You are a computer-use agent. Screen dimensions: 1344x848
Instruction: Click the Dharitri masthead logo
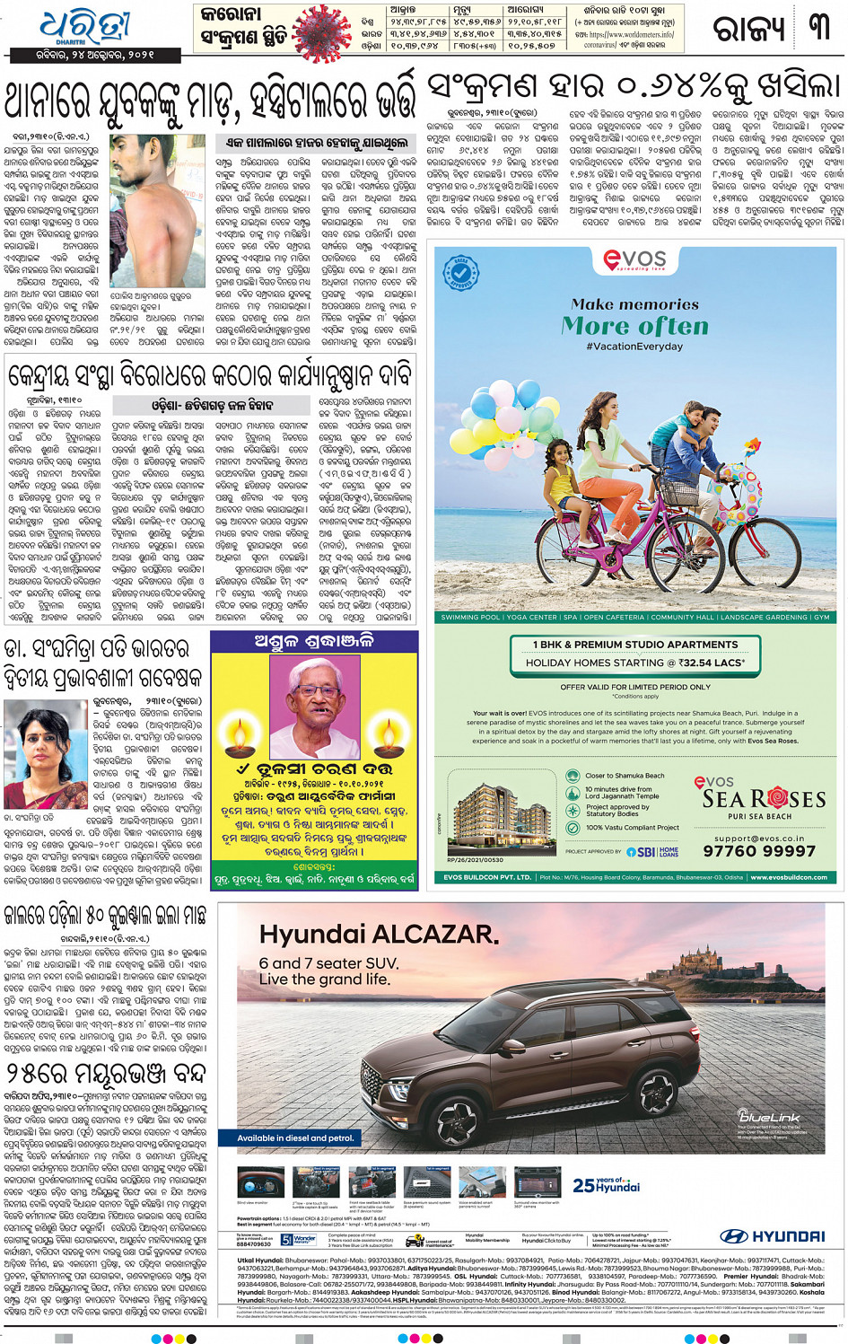[86, 27]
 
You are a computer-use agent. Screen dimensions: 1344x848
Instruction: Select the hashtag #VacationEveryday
[634, 347]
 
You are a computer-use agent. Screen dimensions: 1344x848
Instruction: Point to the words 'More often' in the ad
[634, 326]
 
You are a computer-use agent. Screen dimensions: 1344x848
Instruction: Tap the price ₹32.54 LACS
[712, 663]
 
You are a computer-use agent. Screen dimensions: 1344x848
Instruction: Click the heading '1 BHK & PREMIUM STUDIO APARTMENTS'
[634, 645]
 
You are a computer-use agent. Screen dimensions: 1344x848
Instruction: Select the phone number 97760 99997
[759, 851]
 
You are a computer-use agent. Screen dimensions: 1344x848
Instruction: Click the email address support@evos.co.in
[759, 839]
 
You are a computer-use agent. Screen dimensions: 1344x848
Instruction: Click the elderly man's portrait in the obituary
[315, 701]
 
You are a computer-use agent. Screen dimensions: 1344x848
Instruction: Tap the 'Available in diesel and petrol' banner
[295, 1138]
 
